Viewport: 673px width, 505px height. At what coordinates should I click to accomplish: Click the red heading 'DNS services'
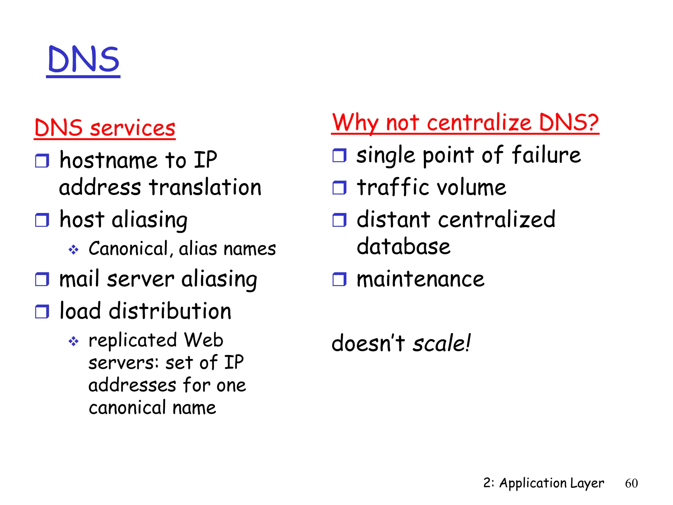[104, 128]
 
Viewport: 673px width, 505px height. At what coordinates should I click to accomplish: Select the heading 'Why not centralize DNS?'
[465, 123]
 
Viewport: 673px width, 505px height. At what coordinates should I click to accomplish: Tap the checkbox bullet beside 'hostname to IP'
[42, 161]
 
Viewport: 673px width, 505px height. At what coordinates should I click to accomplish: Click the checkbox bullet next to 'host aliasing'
[42, 220]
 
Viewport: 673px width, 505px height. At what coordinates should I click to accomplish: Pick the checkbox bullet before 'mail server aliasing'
[42, 279]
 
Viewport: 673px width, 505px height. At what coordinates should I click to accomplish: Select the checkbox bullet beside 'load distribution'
[42, 311]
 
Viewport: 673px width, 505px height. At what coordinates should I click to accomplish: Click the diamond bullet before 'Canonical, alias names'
[73, 250]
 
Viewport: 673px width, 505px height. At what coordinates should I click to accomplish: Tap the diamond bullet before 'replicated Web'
[73, 341]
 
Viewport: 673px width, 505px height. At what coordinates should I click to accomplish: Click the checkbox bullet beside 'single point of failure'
[339, 155]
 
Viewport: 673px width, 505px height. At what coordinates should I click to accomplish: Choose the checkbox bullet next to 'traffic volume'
[339, 188]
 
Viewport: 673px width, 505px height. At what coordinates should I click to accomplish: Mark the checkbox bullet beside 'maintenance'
[339, 279]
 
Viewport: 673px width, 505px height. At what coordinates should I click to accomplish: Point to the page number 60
[631, 483]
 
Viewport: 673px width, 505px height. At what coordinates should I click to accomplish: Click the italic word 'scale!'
[441, 343]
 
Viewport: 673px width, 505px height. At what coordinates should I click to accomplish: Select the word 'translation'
[205, 187]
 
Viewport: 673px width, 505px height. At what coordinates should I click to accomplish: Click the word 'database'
[404, 246]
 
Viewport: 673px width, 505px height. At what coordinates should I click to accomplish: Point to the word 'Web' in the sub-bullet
[203, 340]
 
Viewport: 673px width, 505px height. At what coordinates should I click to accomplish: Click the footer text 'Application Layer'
[551, 483]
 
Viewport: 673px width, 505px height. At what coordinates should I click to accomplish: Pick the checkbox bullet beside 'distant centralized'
[339, 220]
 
